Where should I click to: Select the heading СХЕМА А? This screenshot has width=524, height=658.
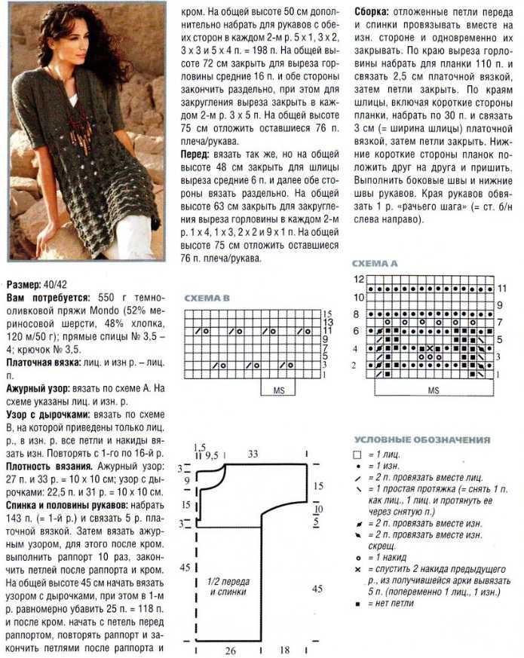[x=375, y=263]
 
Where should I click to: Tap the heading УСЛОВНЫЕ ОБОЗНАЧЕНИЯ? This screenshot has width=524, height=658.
[x=421, y=439]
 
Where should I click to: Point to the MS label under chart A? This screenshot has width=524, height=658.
[x=434, y=391]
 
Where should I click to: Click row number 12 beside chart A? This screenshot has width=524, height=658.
[x=360, y=280]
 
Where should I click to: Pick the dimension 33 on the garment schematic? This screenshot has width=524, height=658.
[x=253, y=454]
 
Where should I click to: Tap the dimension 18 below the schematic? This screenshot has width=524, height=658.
[x=286, y=649]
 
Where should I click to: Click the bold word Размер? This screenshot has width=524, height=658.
[x=24, y=286]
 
